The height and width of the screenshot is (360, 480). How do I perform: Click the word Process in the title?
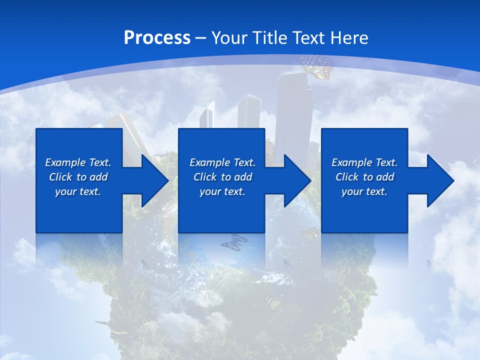157,38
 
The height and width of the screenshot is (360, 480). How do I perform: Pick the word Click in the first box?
60,177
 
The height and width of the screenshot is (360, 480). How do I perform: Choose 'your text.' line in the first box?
78,191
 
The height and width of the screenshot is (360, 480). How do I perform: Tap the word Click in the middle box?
205,177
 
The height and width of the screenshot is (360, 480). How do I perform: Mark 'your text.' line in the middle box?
222,191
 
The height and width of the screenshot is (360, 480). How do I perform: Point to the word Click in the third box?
347,177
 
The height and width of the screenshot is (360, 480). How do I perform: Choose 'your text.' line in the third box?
364,191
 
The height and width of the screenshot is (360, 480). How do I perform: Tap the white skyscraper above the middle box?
248,111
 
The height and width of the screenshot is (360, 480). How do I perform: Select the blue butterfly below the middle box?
233,243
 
